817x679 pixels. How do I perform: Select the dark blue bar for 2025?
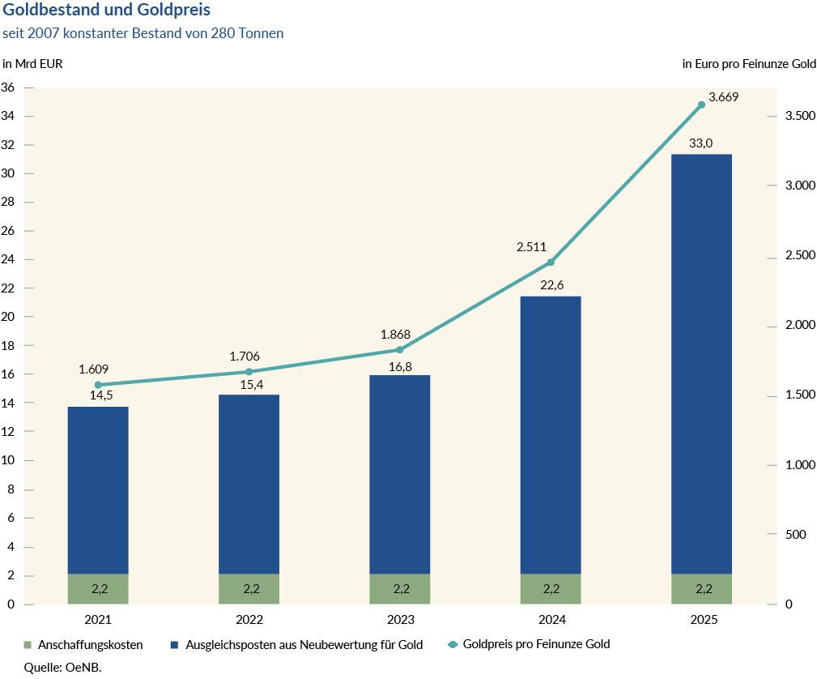pyautogui.click(x=701, y=364)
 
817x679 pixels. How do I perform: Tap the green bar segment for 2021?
pyautogui.click(x=98, y=589)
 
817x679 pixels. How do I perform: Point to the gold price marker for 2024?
pyautogui.click(x=551, y=263)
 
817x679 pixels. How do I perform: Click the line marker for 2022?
pyautogui.click(x=249, y=372)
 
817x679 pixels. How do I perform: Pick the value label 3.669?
pyautogui.click(x=723, y=97)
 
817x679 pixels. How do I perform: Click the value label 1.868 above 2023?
pyautogui.click(x=397, y=335)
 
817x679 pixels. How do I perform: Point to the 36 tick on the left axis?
pyautogui.click(x=9, y=88)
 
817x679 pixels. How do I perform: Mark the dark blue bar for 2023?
pyautogui.click(x=400, y=474)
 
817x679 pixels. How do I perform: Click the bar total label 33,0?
pyautogui.click(x=700, y=143)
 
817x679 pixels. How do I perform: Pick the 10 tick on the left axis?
pyautogui.click(x=9, y=461)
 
